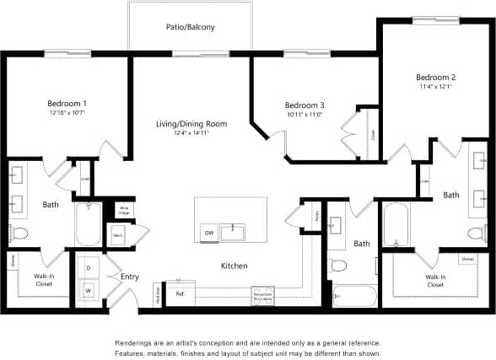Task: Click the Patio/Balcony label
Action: click(x=191, y=27)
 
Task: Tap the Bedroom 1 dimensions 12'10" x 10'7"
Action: click(x=68, y=112)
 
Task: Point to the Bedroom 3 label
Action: click(x=305, y=105)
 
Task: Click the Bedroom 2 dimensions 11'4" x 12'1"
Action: click(x=436, y=86)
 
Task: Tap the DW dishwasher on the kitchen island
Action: click(x=209, y=233)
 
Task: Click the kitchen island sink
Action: click(x=232, y=231)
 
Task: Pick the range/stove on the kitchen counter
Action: click(x=262, y=296)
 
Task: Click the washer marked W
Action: click(x=87, y=293)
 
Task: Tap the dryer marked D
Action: click(x=87, y=268)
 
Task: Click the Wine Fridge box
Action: click(x=123, y=211)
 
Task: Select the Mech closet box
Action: click(x=118, y=235)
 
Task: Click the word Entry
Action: click(x=130, y=276)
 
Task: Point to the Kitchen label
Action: click(x=235, y=266)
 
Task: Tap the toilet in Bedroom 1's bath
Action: click(x=19, y=232)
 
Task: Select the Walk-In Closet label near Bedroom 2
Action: click(x=434, y=281)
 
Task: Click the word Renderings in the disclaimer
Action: click(x=135, y=343)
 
